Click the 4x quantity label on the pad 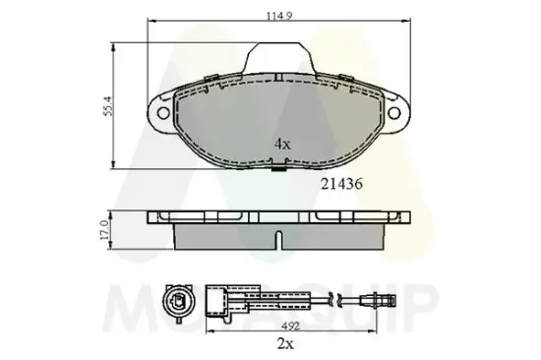(x=283, y=144)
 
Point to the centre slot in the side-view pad (x=279, y=239)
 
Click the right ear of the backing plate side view (x=404, y=216)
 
